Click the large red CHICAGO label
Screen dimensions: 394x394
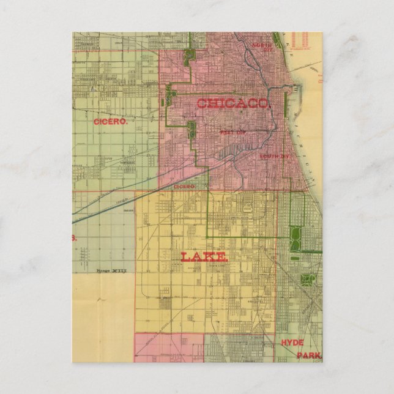[232, 104]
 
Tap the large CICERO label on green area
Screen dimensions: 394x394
[111, 122]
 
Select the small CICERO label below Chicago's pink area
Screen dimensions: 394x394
[184, 186]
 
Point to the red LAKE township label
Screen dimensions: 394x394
[204, 257]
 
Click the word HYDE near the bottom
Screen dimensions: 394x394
[292, 343]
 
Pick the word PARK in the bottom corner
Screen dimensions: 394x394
[309, 355]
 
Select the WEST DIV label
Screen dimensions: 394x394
[231, 132]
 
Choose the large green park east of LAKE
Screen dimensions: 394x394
[296, 238]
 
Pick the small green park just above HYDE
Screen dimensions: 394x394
[308, 280]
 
